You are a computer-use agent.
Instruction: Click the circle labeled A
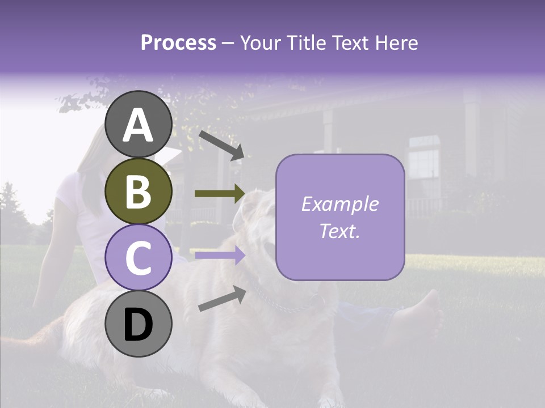139,125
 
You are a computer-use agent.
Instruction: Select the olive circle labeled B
139,192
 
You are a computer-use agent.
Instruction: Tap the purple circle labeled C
139,258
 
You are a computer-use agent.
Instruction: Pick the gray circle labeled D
139,324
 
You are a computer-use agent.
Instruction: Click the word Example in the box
340,204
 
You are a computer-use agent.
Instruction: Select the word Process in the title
178,43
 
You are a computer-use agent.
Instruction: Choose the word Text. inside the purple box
340,231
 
